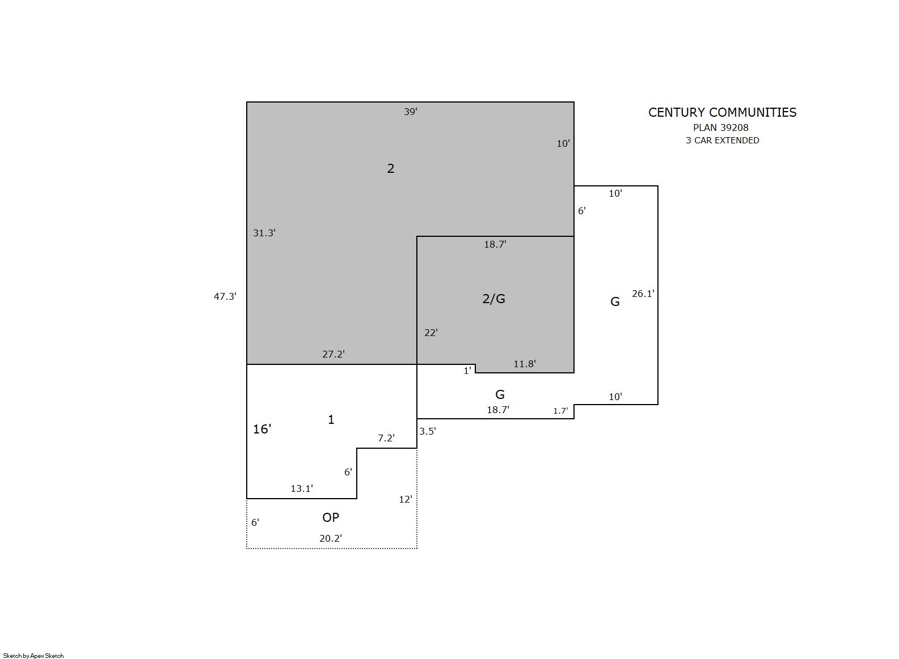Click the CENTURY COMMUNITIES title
click(x=723, y=113)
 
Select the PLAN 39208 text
click(x=721, y=128)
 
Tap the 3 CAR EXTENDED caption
click(x=723, y=141)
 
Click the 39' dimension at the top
click(x=411, y=112)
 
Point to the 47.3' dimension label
click(x=225, y=296)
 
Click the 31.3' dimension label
click(x=264, y=233)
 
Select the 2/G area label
click(x=493, y=299)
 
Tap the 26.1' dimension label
click(x=643, y=294)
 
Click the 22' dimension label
click(x=431, y=333)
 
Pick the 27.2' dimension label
click(x=334, y=354)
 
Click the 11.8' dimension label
click(x=525, y=364)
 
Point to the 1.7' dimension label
click(x=561, y=411)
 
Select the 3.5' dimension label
click(x=428, y=431)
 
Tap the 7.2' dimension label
click(x=386, y=439)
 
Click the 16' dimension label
click(x=262, y=430)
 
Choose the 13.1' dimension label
click(x=302, y=488)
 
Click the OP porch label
click(x=331, y=517)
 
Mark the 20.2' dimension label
click(x=331, y=539)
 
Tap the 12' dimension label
click(x=406, y=499)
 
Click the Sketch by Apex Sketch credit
click(x=33, y=656)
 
